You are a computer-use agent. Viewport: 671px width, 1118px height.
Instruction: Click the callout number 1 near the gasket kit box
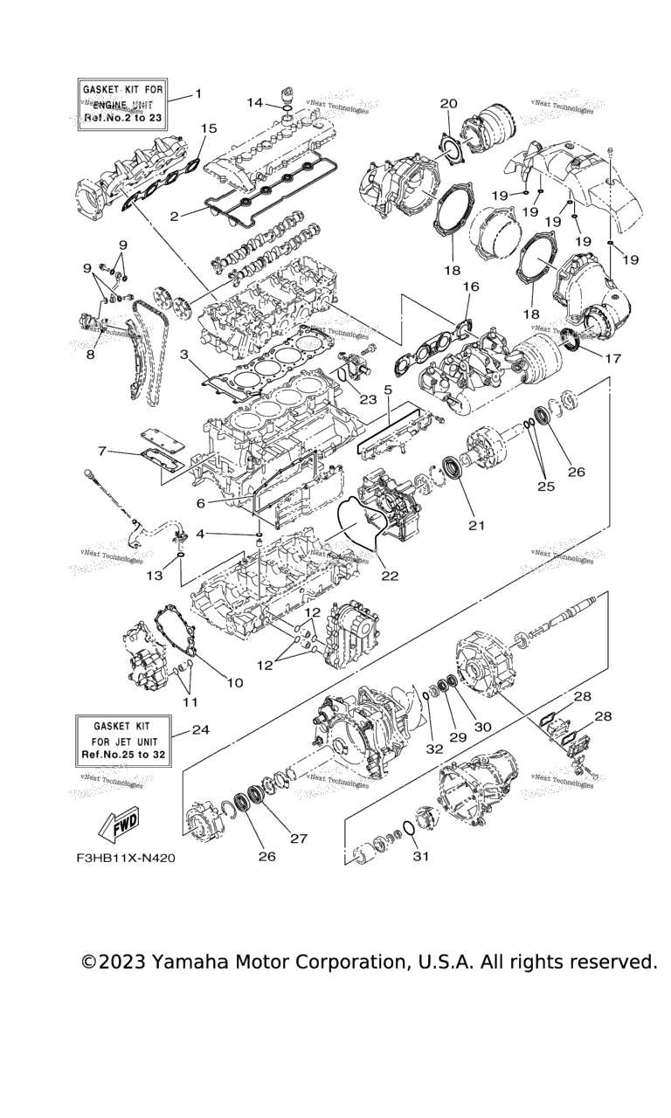click(198, 93)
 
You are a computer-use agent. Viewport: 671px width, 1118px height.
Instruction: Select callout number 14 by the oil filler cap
click(254, 103)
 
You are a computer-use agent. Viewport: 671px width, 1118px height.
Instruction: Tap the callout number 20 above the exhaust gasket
click(448, 104)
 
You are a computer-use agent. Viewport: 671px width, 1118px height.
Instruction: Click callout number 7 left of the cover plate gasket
click(104, 451)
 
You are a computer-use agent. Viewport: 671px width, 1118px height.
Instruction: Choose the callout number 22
click(390, 576)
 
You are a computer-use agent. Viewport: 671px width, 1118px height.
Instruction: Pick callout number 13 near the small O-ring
click(155, 576)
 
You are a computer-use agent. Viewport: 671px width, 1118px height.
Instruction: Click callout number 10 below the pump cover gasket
click(235, 682)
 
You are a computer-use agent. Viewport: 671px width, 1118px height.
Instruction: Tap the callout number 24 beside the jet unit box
click(200, 729)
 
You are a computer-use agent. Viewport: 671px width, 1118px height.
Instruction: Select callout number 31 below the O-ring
click(421, 856)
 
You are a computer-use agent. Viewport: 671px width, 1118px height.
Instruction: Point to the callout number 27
click(299, 838)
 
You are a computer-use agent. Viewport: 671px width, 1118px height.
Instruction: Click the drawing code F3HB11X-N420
click(126, 858)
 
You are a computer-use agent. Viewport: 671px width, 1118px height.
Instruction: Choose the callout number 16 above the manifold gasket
click(471, 286)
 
